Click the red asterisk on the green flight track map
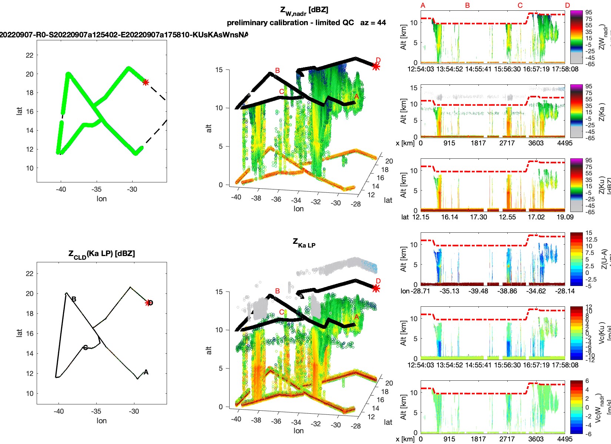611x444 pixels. (x=146, y=82)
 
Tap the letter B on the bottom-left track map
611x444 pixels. (x=74, y=299)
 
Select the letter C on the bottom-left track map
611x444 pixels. (x=85, y=347)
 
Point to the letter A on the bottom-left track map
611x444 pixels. (x=146, y=372)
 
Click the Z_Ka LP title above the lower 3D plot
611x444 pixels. (x=304, y=243)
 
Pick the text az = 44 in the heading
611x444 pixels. (x=373, y=23)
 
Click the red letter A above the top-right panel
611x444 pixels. (x=423, y=6)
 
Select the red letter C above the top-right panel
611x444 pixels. (x=520, y=6)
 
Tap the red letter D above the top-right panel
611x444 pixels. (x=567, y=6)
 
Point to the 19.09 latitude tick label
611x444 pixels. (x=565, y=217)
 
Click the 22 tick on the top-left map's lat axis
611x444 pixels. (x=30, y=55)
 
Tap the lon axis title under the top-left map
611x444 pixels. (x=101, y=199)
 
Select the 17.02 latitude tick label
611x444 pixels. (x=536, y=217)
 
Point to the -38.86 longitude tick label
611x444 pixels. (x=507, y=291)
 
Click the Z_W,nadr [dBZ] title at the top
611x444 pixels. (x=304, y=11)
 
